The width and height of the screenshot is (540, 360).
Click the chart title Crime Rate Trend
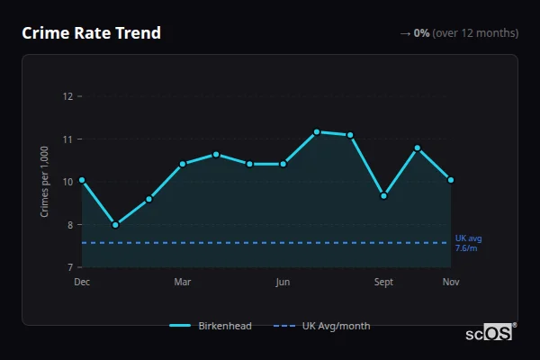coord(91,33)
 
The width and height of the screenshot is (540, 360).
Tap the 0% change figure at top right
coord(421,33)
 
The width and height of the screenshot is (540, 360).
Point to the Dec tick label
coord(82,283)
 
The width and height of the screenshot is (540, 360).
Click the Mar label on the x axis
coord(183,283)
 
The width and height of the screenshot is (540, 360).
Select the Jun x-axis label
coord(283,283)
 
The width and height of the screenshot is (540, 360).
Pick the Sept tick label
coord(384,283)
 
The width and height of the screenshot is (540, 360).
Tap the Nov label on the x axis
coord(451,283)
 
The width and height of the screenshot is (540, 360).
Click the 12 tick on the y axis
coord(67,96)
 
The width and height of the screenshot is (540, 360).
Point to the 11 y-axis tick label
coord(67,139)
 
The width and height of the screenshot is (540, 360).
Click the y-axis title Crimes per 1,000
coord(45,182)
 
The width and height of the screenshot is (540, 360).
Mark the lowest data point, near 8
coord(115,225)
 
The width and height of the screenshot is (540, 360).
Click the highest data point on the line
coord(317,132)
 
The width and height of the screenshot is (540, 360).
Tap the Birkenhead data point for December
coord(82,180)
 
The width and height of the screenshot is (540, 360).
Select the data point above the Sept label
coord(384,195)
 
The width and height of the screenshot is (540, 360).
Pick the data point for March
coord(183,164)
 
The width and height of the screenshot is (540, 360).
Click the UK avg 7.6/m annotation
coord(468,243)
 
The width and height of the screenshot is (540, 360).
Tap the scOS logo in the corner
coord(489,333)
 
